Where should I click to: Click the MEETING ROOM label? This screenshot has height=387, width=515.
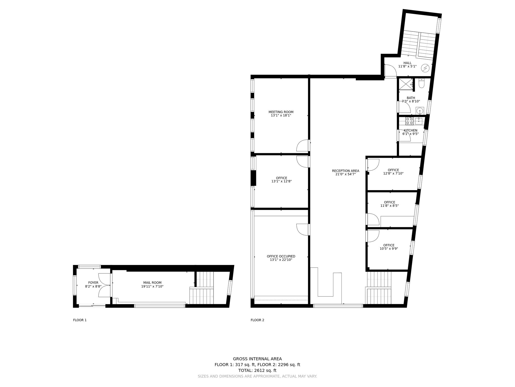tap(281, 112)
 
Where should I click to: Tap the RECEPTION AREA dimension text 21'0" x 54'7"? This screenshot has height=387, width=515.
tap(346, 174)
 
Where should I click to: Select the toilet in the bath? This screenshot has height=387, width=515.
tap(421, 83)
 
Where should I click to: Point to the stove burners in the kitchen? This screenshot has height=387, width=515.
tap(409, 121)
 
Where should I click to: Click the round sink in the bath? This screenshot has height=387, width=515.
tap(420, 110)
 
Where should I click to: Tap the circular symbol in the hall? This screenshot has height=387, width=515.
tap(425, 68)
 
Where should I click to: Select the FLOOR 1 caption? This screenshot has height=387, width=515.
tap(80, 320)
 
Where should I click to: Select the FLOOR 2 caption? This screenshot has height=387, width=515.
tap(257, 320)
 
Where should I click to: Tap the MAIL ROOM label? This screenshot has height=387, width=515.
tap(152, 283)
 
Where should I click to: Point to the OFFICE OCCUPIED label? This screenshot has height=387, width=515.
tap(281, 256)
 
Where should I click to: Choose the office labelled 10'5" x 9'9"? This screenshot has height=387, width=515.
tap(389, 248)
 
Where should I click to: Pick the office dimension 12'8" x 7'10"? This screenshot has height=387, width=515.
tap(393, 173)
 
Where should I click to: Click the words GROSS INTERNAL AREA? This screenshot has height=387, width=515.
tap(257, 359)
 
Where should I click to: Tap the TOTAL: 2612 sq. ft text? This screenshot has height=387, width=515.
tap(257, 370)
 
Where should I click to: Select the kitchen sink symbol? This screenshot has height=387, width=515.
tap(419, 121)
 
